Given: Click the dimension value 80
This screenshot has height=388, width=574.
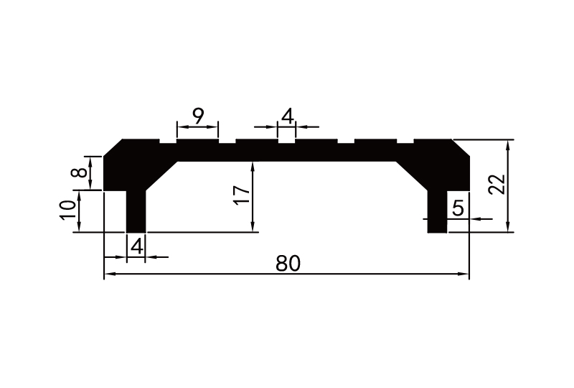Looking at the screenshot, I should click(x=287, y=264).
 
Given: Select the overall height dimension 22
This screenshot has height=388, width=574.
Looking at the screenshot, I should click(x=497, y=185).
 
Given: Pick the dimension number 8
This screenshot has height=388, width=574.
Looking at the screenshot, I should click(x=81, y=172).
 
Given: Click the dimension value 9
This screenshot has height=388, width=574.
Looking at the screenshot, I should click(x=197, y=115).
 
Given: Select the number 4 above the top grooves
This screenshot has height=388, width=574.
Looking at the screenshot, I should click(x=287, y=115).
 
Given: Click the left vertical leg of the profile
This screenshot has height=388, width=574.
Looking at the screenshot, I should click(x=136, y=212).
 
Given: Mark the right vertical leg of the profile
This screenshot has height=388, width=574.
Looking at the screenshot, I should click(x=437, y=212).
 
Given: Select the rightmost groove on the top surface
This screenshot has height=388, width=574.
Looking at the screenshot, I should click(x=405, y=142).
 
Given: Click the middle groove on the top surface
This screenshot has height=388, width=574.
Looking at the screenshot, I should click(x=286, y=142).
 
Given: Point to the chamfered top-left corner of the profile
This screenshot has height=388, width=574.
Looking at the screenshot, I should click(x=113, y=147).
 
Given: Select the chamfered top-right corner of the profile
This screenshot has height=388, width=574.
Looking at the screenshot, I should click(x=461, y=147).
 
